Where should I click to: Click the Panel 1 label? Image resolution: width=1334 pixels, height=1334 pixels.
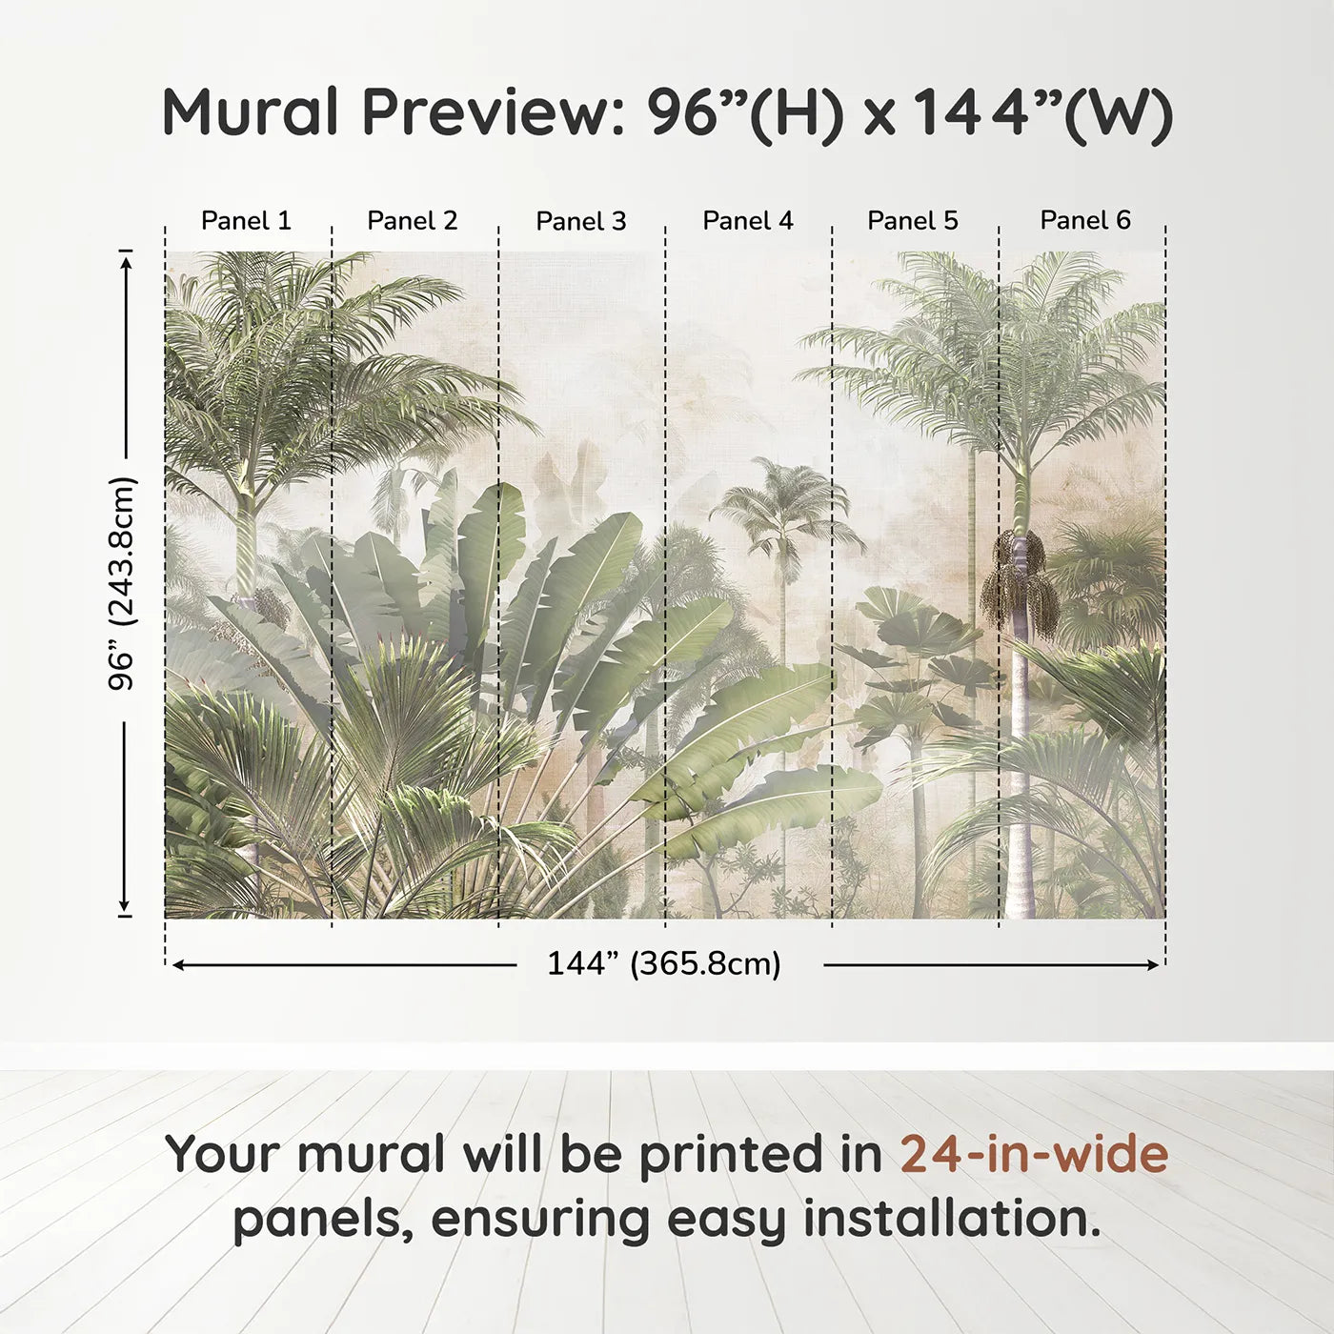246,221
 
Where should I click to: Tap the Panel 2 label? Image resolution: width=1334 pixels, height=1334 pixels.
413,221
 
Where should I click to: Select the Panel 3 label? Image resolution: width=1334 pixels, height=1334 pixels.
581,221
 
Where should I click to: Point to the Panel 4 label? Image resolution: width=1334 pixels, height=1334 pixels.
748,221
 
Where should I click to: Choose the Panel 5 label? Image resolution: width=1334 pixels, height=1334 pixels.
913,221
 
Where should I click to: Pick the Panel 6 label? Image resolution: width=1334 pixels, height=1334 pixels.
1085,221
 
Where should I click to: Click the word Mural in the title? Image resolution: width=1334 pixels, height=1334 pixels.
251,112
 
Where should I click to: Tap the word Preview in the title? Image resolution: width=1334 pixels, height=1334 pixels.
494,112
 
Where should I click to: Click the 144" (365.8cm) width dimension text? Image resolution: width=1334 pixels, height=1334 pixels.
664,964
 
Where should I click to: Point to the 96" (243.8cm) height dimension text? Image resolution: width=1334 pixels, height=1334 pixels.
123,583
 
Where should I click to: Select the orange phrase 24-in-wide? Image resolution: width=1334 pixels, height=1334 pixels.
1034,1154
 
